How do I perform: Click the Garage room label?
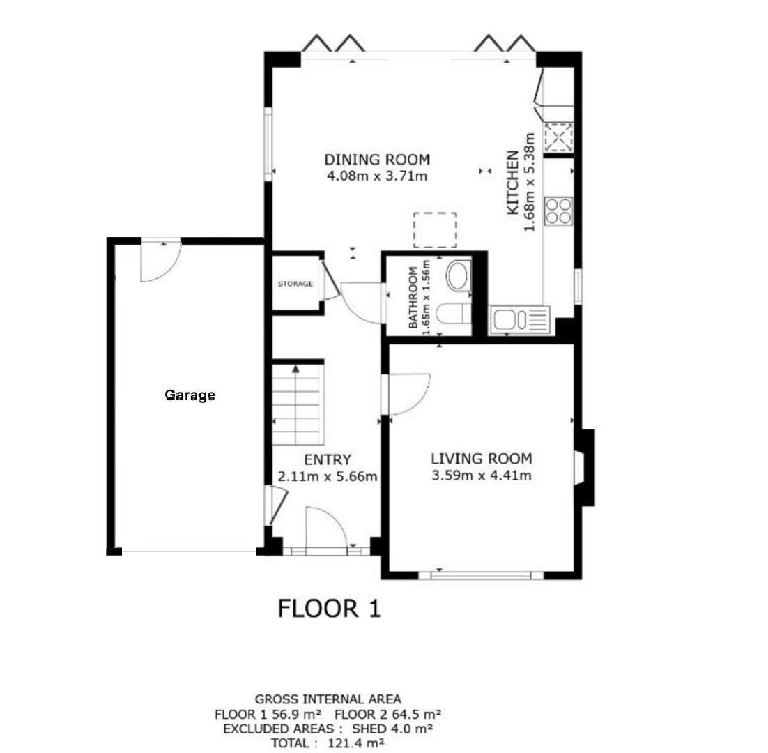(x=190, y=395)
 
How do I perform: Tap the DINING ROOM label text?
(x=376, y=159)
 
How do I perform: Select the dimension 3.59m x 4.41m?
(x=482, y=476)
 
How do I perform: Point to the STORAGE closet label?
(x=295, y=284)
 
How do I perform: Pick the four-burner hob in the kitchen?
(x=558, y=211)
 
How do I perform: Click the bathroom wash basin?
(x=458, y=276)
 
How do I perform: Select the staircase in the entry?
(x=297, y=404)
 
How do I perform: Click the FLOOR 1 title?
(x=329, y=608)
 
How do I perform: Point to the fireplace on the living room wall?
(x=583, y=467)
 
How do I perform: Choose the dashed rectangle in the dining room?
(x=435, y=230)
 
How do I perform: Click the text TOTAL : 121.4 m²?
(x=328, y=743)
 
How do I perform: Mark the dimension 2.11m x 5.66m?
(x=327, y=477)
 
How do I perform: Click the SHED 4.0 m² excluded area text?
(x=393, y=729)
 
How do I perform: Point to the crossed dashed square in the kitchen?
(x=558, y=137)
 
